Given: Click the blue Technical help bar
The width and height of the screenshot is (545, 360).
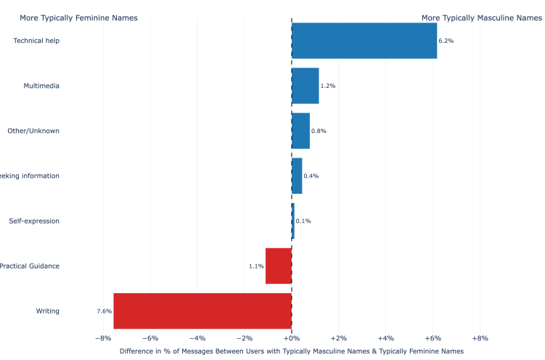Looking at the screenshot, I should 364,41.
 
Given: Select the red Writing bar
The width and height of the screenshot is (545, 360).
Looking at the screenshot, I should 202,311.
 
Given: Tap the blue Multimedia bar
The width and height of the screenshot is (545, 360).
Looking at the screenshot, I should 305,86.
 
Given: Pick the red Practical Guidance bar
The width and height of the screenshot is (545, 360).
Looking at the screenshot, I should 278,266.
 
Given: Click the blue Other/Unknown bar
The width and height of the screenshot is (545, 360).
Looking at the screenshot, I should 300,131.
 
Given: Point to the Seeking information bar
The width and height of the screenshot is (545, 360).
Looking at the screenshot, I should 297,176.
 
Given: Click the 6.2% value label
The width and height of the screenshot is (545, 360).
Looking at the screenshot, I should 446,41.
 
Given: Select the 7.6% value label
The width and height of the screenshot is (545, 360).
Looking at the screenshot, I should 104,311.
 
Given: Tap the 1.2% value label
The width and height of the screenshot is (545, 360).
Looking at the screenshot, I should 328,86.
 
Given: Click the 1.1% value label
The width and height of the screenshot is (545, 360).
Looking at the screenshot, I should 256,266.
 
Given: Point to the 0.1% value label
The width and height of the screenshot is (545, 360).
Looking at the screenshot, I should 303,221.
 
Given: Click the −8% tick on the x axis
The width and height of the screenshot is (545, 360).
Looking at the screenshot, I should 103,338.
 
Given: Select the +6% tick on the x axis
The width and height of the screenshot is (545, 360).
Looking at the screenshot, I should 433,338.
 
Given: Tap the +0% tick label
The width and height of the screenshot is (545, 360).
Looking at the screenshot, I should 291,338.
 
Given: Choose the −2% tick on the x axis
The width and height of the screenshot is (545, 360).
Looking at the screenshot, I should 245,338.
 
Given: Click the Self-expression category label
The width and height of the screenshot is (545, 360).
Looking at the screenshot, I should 34,221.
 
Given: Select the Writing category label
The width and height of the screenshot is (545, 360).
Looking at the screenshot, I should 48,311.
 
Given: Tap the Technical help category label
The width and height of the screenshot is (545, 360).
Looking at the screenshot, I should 36,41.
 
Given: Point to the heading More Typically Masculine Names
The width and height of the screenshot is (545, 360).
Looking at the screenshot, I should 481,17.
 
